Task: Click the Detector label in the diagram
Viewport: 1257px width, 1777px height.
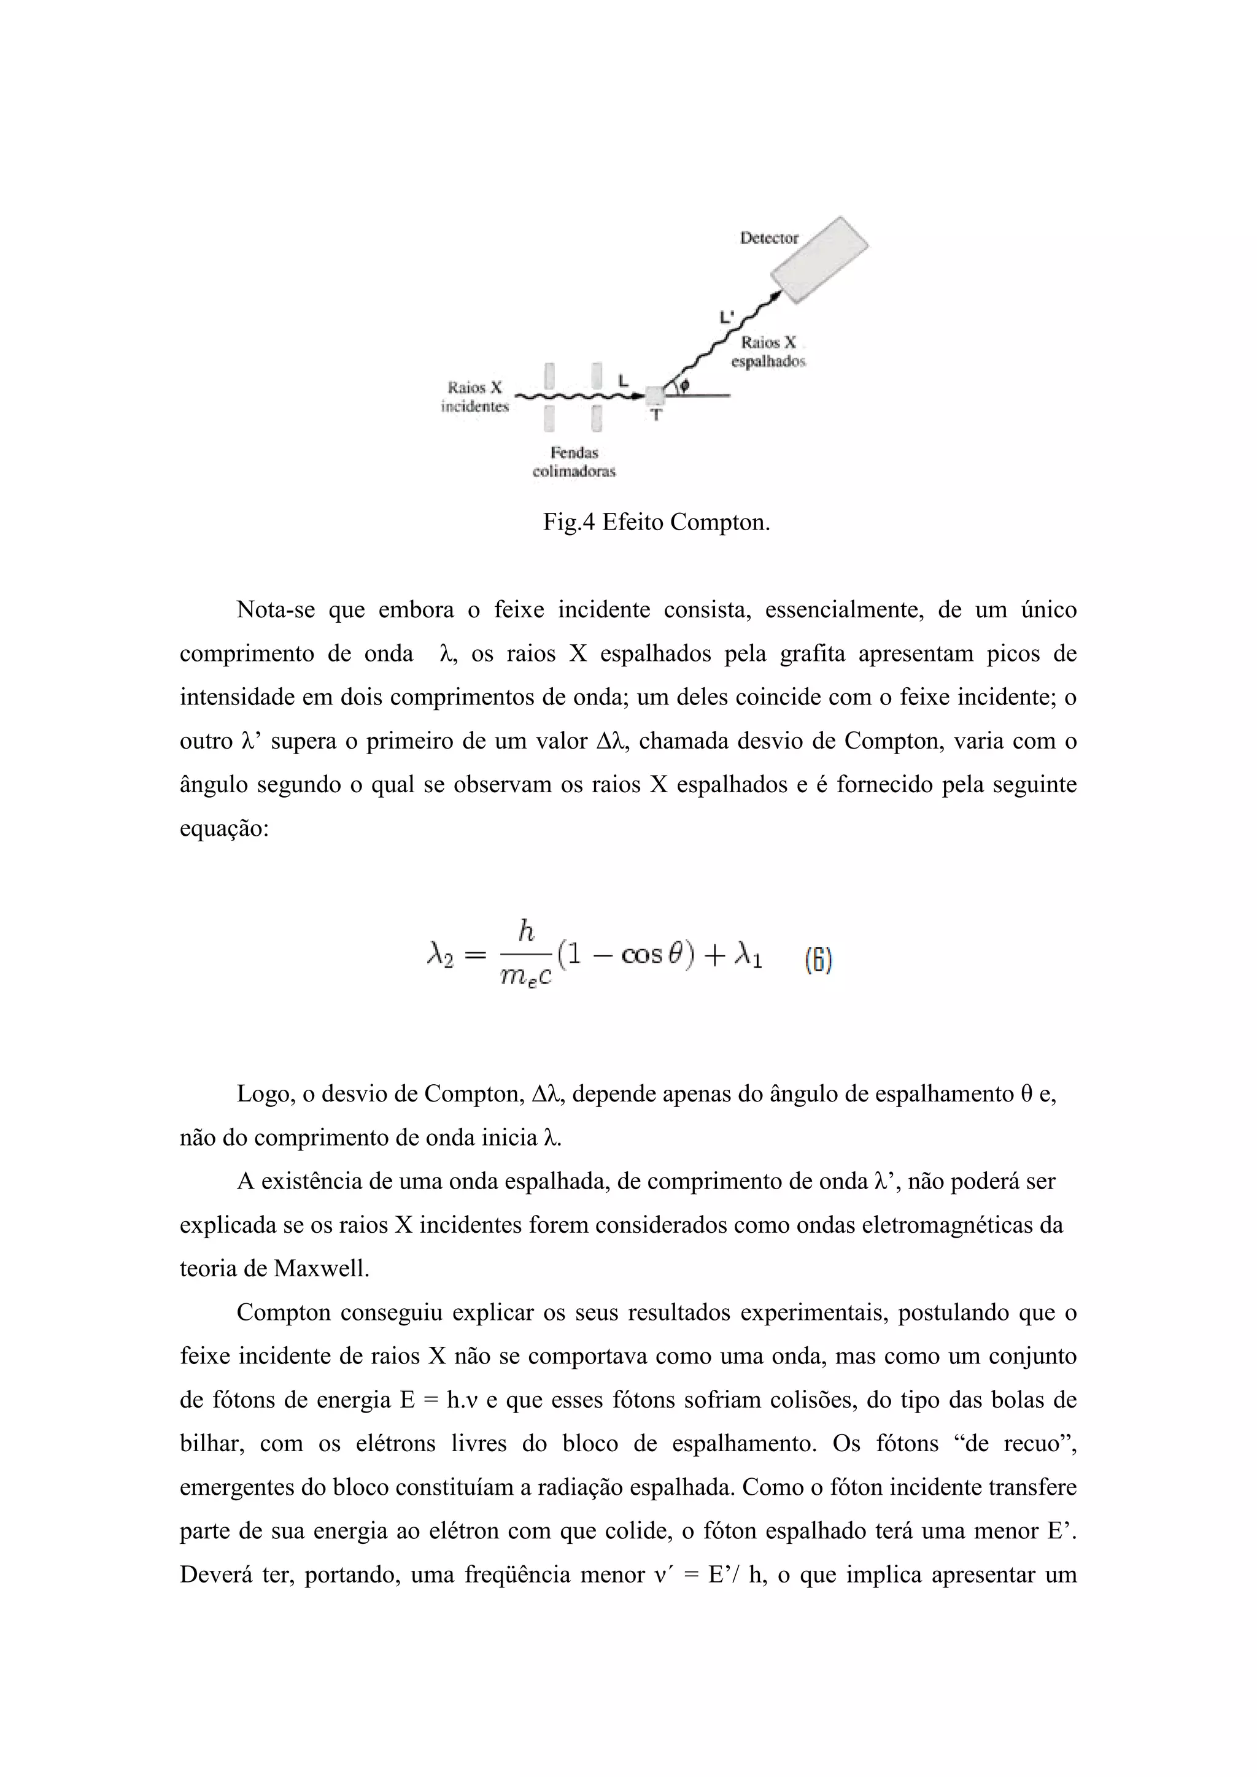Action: [x=768, y=238]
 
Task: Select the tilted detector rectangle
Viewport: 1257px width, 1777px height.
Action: [x=819, y=260]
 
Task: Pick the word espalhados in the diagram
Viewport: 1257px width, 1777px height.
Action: [x=768, y=361]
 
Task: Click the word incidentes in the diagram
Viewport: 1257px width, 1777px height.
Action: [x=474, y=406]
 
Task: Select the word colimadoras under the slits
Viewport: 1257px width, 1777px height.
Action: [x=573, y=471]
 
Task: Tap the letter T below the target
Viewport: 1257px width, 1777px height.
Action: [x=656, y=415]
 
